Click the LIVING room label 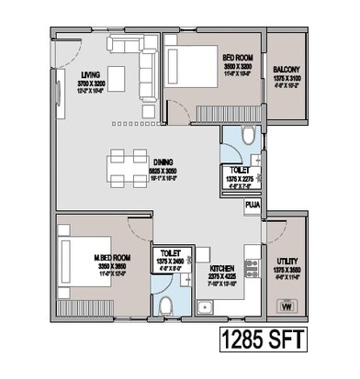click(90, 75)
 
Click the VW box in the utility click(287, 307)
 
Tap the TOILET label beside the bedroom click(239, 170)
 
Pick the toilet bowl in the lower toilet click(166, 304)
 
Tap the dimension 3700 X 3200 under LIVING click(90, 84)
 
